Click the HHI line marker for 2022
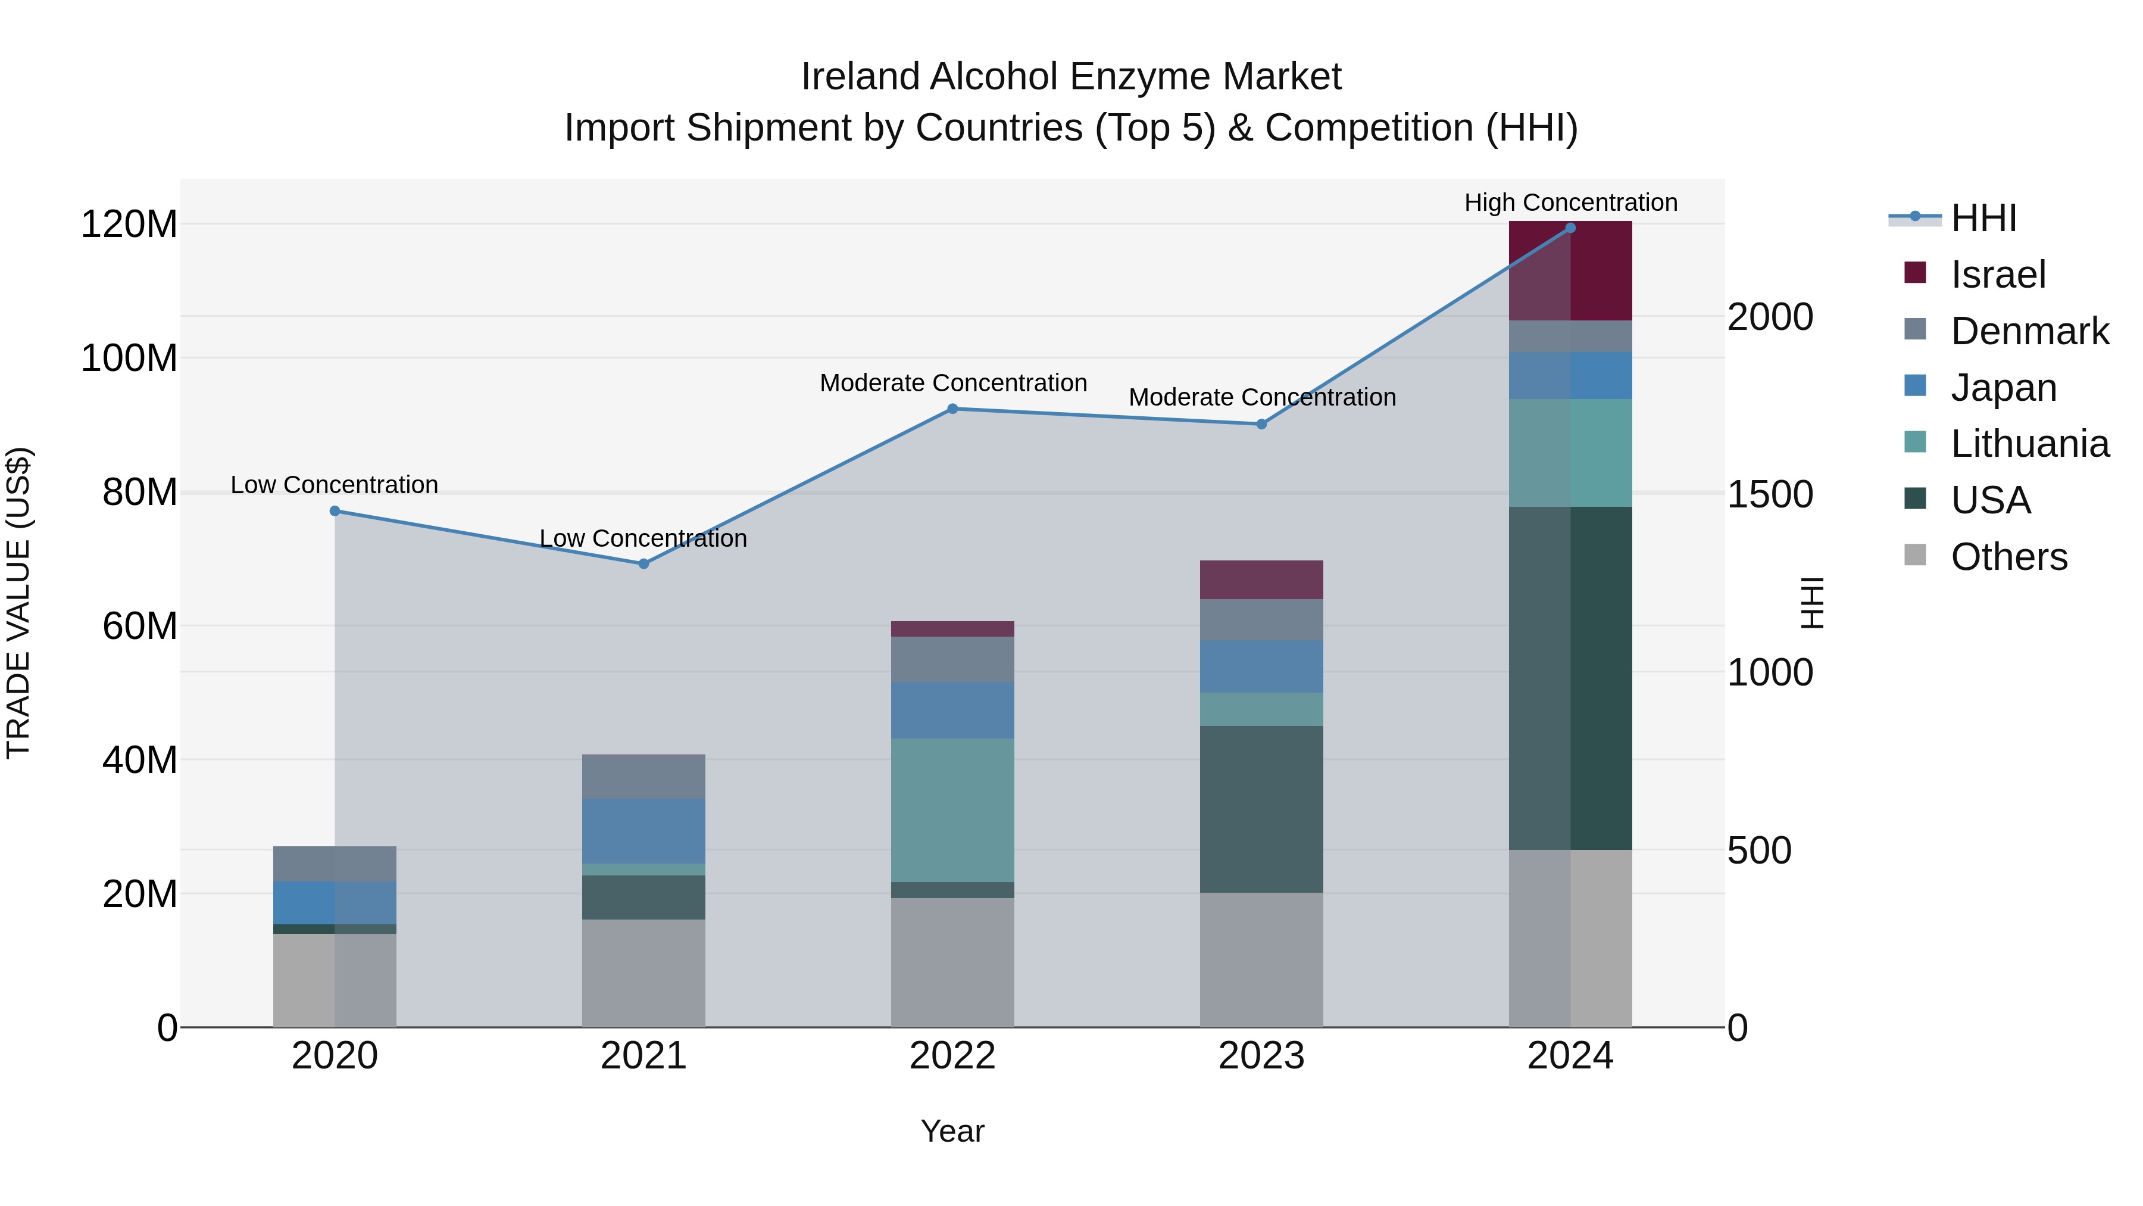click(952, 409)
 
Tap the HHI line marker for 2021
click(643, 563)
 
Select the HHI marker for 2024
click(1570, 228)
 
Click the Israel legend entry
click(1997, 275)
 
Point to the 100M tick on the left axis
click(129, 358)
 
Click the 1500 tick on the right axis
click(1770, 494)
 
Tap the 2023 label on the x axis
click(1261, 1056)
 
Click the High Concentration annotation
click(1570, 202)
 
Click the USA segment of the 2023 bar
click(1261, 808)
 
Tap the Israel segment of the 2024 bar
click(1570, 270)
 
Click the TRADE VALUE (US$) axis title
click(18, 603)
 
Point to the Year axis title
click(952, 1131)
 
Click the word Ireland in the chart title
click(860, 77)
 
